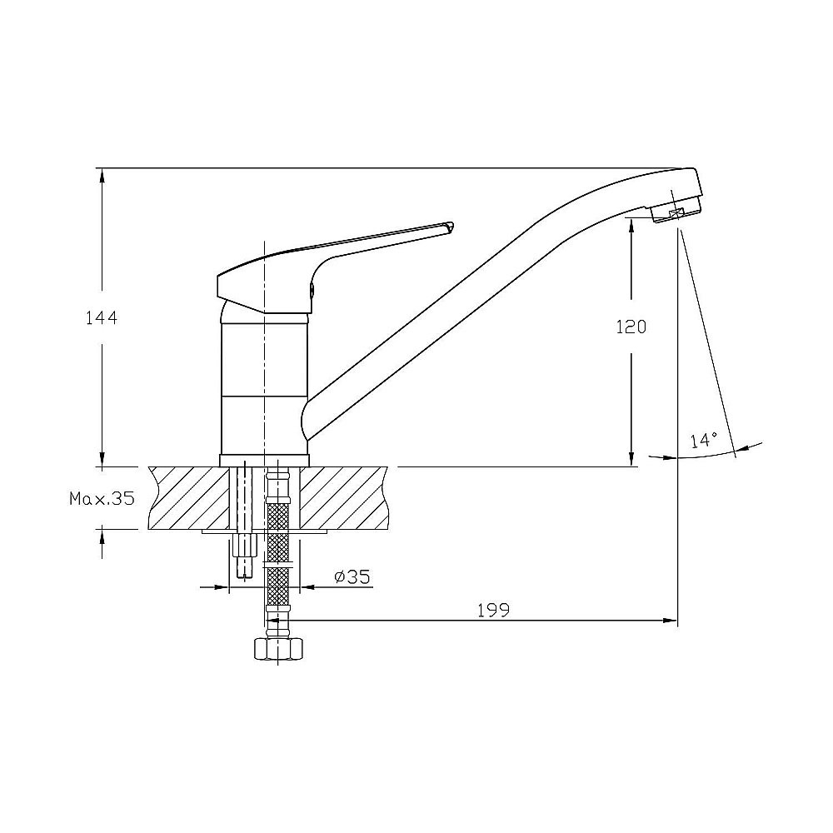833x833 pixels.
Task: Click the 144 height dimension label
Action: point(100,317)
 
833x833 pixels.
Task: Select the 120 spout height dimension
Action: point(631,327)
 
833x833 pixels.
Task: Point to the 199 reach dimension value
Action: point(493,610)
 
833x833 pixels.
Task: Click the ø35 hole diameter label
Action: point(352,576)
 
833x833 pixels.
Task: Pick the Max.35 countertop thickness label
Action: point(102,499)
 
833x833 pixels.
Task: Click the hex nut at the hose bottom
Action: point(277,647)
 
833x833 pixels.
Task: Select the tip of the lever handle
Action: point(450,226)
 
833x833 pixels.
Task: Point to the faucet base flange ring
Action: point(264,460)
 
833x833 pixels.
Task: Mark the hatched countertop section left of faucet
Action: point(187,497)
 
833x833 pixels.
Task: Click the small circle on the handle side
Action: point(313,290)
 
